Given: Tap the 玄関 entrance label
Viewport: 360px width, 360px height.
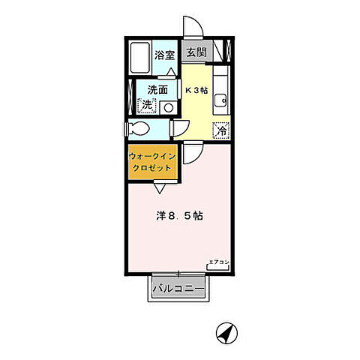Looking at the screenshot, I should click(195, 53).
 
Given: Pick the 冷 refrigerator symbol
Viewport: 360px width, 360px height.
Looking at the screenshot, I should click(221, 130).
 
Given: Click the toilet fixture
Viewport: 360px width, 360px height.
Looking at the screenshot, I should click(139, 127).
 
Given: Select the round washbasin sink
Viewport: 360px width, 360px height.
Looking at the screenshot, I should click(168, 107).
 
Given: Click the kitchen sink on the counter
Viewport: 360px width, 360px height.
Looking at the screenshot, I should click(221, 101).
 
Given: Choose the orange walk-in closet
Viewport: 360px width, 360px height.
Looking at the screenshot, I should click(152, 162).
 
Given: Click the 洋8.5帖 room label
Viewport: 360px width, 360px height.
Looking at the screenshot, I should click(180, 215).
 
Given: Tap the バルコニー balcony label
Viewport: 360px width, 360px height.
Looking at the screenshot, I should click(178, 287).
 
